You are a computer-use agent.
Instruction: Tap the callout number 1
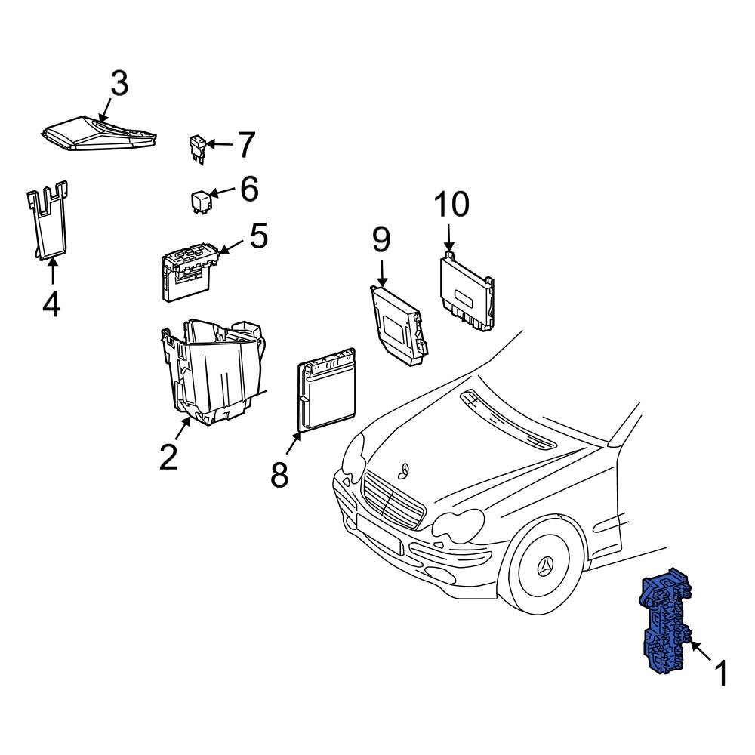tap(721, 673)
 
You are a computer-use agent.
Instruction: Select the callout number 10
tap(451, 205)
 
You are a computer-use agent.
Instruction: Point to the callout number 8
tap(279, 475)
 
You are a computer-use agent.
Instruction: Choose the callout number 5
tap(258, 236)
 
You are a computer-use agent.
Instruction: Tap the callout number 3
tap(119, 85)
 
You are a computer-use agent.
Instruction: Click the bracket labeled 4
tap(49, 223)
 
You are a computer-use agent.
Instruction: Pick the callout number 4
tap(51, 304)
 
